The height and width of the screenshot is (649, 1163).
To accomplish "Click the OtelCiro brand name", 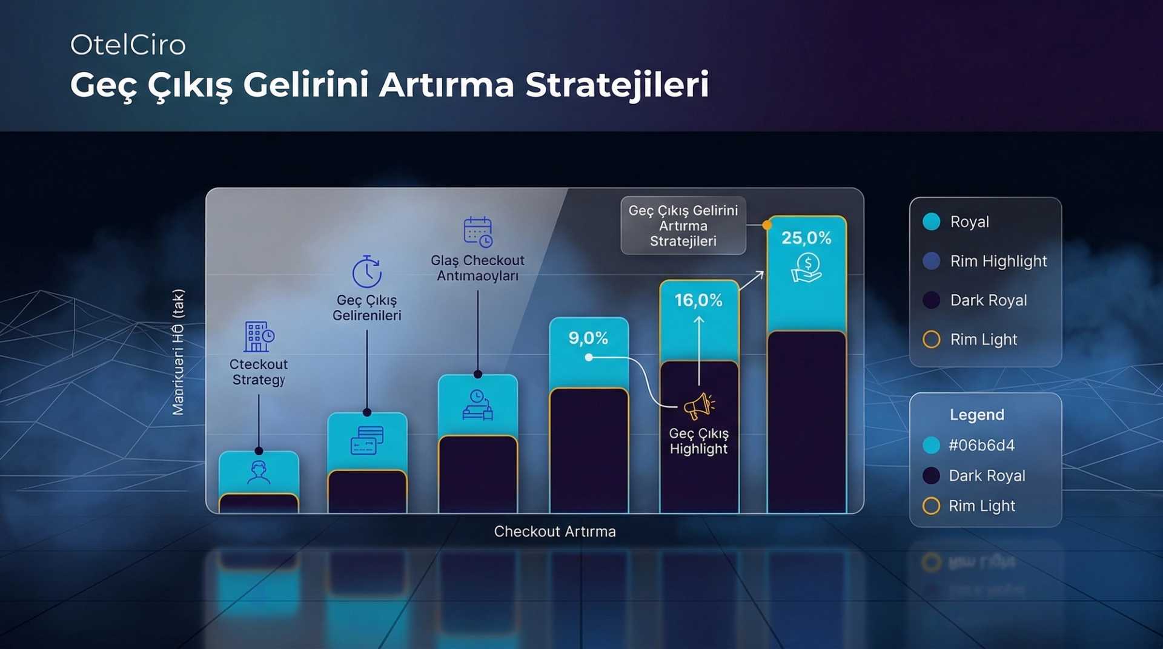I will (x=128, y=45).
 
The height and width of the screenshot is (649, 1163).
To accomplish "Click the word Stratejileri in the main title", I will (x=617, y=84).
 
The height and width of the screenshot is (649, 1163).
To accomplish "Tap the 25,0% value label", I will (x=806, y=238).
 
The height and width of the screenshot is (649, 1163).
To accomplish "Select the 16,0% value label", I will (x=698, y=300).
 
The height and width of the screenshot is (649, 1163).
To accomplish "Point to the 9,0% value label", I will (x=588, y=338).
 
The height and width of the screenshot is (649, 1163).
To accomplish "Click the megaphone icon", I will (x=698, y=406).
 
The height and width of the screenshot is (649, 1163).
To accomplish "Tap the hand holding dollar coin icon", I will (x=806, y=268).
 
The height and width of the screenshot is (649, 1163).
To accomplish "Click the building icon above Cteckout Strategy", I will (x=259, y=337).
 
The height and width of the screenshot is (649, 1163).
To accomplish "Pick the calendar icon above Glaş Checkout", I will (x=478, y=232).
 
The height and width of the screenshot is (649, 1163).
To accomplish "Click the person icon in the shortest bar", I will (x=259, y=472).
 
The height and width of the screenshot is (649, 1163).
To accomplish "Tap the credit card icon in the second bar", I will (x=367, y=441).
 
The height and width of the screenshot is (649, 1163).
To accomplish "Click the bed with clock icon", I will (x=477, y=405).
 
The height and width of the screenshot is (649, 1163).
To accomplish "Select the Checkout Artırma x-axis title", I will (x=555, y=532).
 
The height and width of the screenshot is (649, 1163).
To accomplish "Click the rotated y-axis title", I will (x=178, y=352).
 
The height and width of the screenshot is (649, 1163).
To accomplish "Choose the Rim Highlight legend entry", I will (x=998, y=261).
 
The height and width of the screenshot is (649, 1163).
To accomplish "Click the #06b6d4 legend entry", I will (x=981, y=446).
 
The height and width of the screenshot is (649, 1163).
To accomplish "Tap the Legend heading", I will (x=976, y=415).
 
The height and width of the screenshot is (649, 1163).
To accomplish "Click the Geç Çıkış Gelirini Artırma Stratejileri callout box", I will (x=683, y=226).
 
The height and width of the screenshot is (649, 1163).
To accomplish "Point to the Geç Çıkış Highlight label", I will (x=698, y=441).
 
